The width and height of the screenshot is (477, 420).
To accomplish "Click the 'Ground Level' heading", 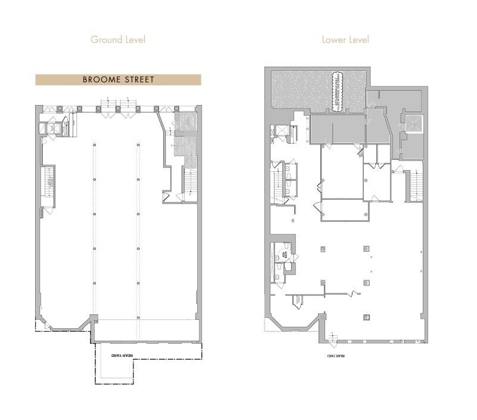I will (x=118, y=40).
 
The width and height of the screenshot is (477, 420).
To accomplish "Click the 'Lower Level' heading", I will (x=345, y=40).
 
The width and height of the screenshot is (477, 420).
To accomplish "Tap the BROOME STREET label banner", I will (x=118, y=79).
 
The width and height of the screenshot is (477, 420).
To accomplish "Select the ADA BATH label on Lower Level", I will (x=285, y=254).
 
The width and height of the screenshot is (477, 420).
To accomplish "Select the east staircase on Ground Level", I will (x=190, y=181).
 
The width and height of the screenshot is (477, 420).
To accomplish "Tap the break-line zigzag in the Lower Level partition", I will (x=355, y=294).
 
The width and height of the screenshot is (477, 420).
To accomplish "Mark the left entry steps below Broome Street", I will (x=108, y=105).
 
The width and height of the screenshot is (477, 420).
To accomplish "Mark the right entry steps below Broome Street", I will (x=129, y=105).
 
